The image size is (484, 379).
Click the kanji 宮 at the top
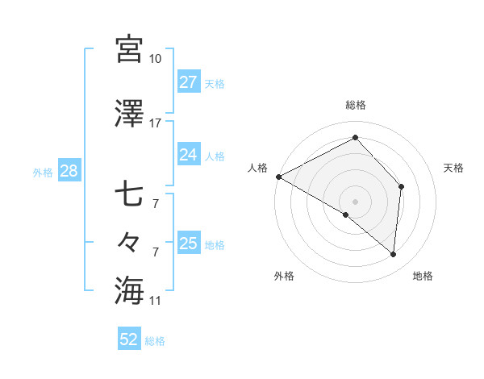pos(129,49)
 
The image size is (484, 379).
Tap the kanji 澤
pos(129,115)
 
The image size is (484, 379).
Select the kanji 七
pos(129,196)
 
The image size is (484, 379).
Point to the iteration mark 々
pos(129,241)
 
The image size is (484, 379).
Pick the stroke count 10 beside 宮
pos(156,59)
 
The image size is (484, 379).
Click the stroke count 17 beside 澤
pos(156,123)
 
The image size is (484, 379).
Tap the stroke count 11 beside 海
pos(156,301)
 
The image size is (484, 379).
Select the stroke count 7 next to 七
pos(156,204)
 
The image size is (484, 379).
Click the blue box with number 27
pos(189,82)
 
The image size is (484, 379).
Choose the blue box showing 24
pos(189,155)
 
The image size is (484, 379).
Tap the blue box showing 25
pos(189,244)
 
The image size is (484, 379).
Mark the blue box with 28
pos(68,171)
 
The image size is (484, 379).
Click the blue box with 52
pos(129,339)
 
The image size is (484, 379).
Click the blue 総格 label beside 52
pos(155,341)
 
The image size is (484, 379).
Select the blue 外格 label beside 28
pos(43,172)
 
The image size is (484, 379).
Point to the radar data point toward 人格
pos(278,177)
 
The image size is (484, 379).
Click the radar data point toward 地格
pos(393,255)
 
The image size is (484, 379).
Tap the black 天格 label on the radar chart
pos(453,168)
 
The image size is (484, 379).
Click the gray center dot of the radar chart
pos(355,200)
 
